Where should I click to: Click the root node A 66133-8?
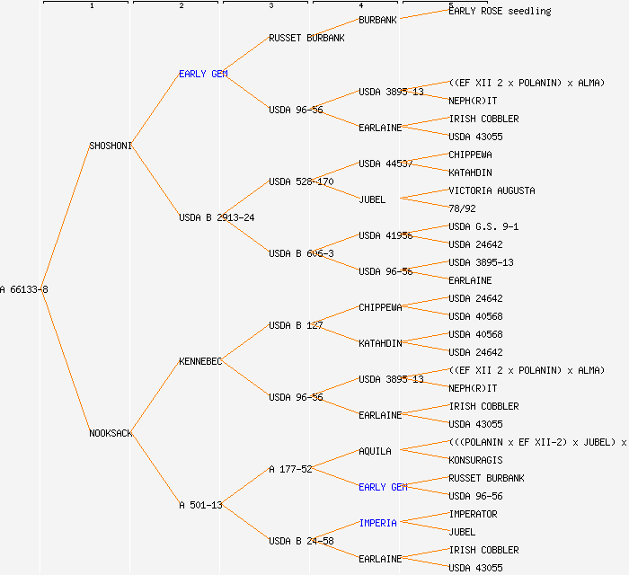tap(24, 289)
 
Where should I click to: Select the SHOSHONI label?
tap(111, 146)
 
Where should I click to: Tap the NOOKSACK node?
tap(111, 433)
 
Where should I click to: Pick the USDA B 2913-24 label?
tap(217, 217)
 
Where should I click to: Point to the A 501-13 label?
tap(200, 505)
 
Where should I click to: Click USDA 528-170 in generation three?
tap(301, 181)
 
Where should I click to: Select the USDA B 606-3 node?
tap(301, 253)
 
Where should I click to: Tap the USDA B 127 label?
tap(296, 325)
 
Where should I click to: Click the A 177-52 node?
tap(290, 469)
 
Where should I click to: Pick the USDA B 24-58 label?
tap(301, 541)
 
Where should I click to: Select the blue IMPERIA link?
tap(377, 523)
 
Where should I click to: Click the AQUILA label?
tap(375, 451)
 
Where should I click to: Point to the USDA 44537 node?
tap(385, 164)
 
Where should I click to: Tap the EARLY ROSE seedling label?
tap(500, 11)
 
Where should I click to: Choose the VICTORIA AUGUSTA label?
tap(492, 190)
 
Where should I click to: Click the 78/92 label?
tap(462, 208)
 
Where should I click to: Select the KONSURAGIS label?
tap(475, 460)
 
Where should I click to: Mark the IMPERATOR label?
tap(473, 514)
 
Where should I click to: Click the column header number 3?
tap(270, 6)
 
